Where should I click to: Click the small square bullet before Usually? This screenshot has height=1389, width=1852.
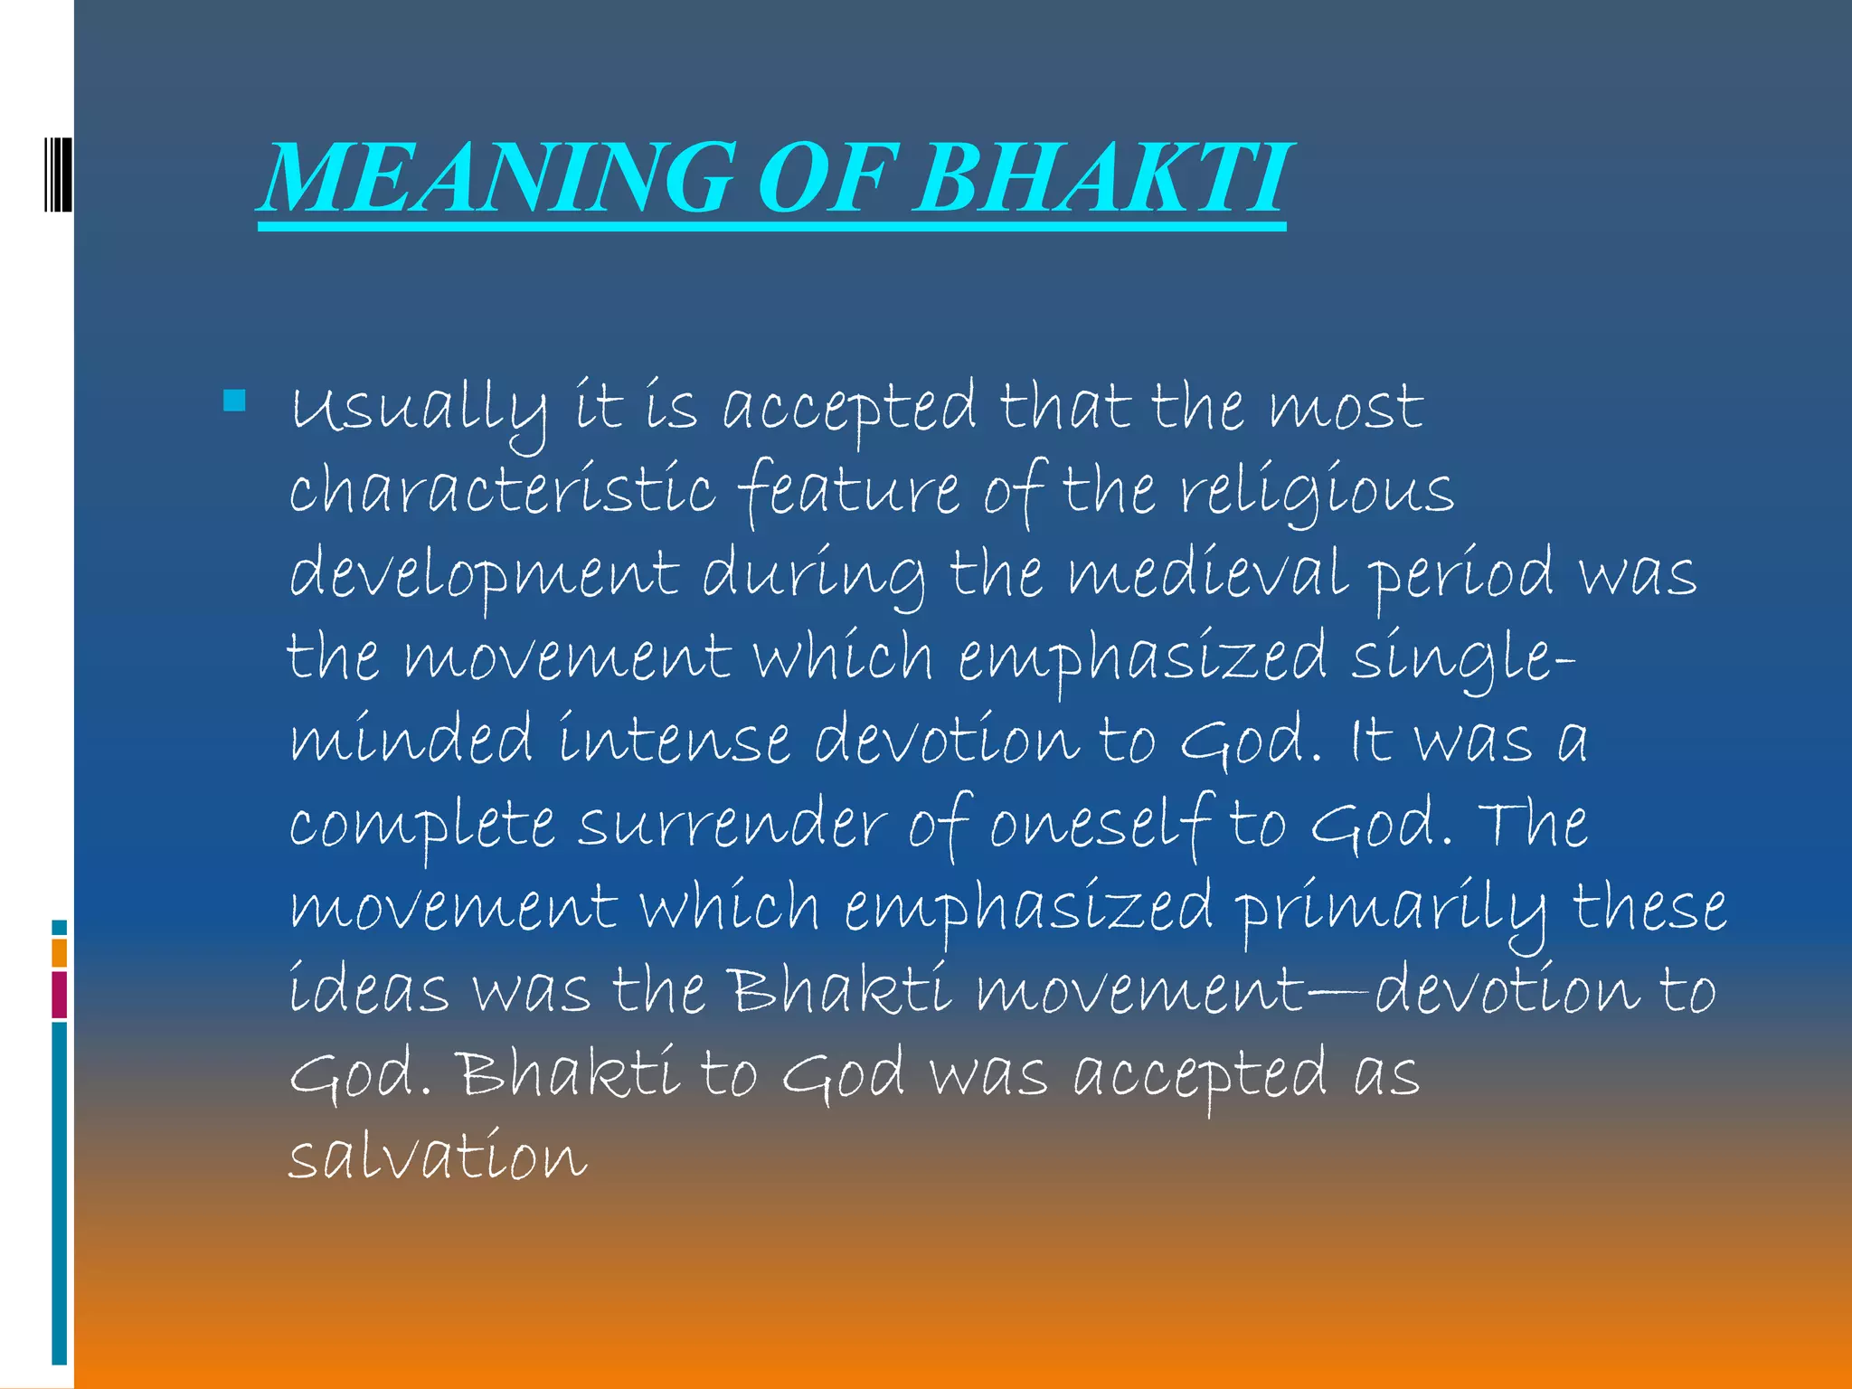coord(234,401)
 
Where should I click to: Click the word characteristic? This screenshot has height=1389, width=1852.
coord(502,491)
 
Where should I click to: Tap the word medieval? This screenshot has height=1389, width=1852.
coord(1207,574)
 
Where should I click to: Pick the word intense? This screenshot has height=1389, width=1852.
coord(674,740)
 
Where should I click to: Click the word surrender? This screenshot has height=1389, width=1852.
coord(732,825)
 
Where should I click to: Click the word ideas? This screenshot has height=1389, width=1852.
coord(369,990)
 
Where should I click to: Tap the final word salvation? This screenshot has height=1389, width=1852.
coord(438,1157)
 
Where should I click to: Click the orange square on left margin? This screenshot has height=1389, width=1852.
coord(59,952)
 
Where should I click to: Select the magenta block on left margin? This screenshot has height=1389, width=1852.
coord(59,994)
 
